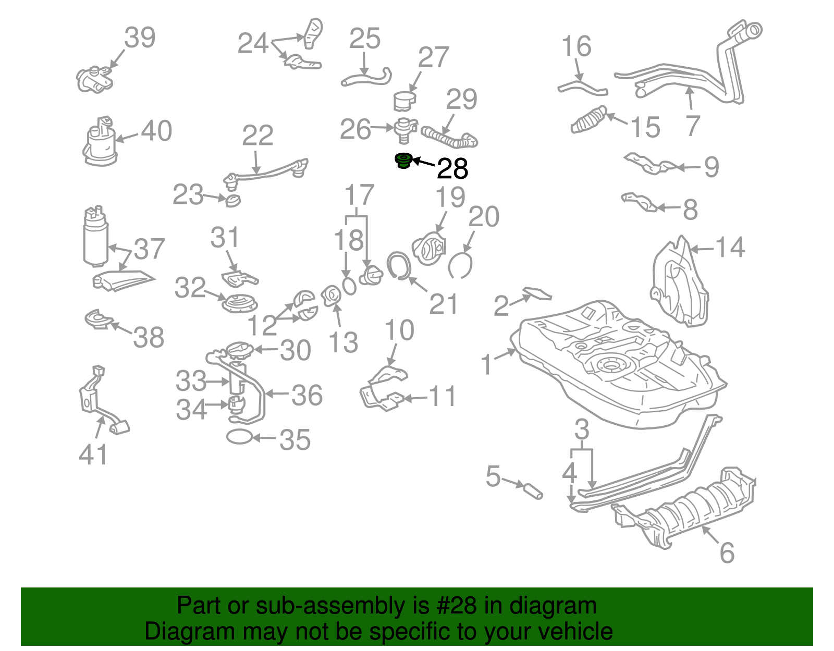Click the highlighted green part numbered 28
pyautogui.click(x=402, y=161)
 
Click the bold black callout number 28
pyautogui.click(x=452, y=169)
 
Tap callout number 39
pyautogui.click(x=140, y=38)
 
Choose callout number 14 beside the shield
pyautogui.click(x=730, y=247)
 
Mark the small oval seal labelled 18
pyautogui.click(x=349, y=285)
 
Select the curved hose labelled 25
pyautogui.click(x=366, y=78)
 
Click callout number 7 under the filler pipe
pyautogui.click(x=692, y=126)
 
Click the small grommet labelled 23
pyautogui.click(x=233, y=201)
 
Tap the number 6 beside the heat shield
pyautogui.click(x=727, y=552)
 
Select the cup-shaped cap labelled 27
pyautogui.click(x=404, y=101)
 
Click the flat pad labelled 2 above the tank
pyautogui.click(x=537, y=293)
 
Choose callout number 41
pyautogui.click(x=93, y=455)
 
